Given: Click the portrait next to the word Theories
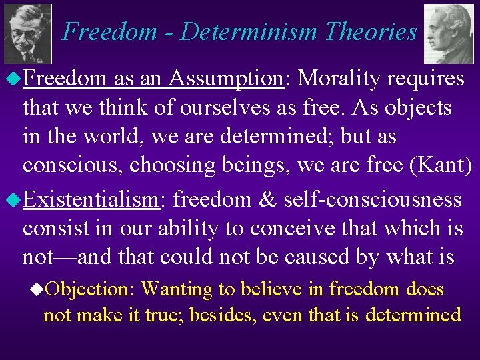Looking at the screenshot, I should pyautogui.click(x=449, y=33).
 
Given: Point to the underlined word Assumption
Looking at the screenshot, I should pyautogui.click(x=227, y=79).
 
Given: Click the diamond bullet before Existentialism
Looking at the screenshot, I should pyautogui.click(x=13, y=199).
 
